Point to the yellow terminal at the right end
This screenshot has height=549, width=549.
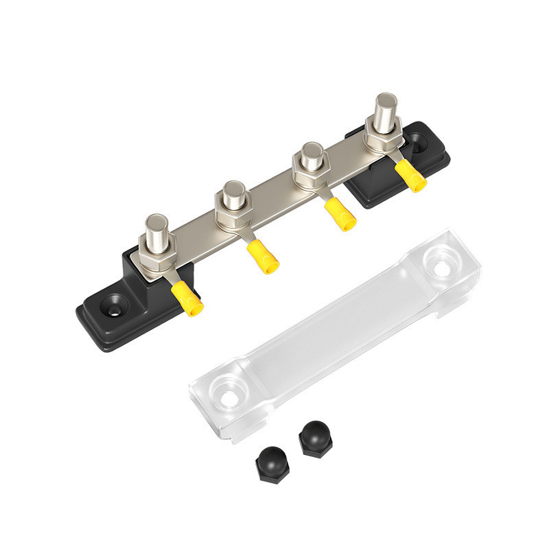pyautogui.click(x=411, y=176)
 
